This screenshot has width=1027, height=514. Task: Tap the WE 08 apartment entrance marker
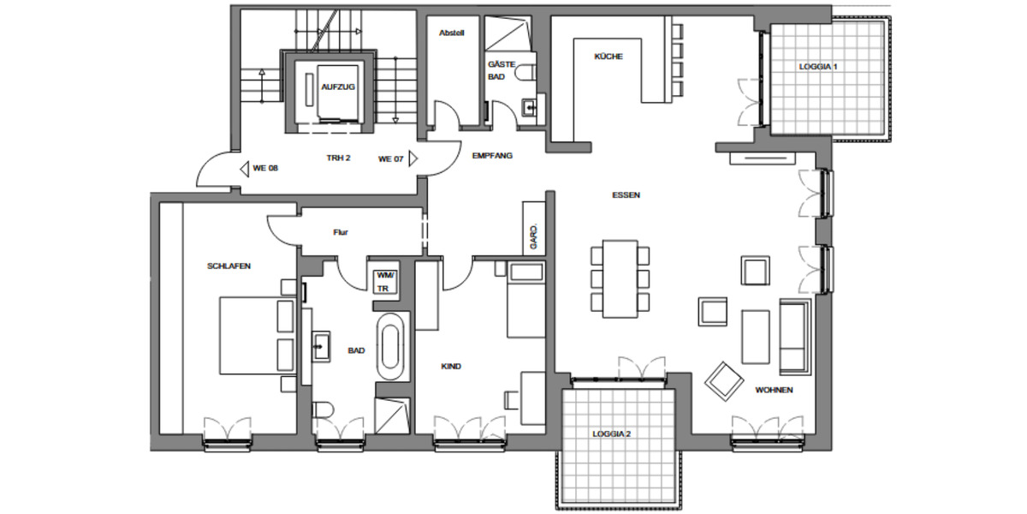coord(264,168)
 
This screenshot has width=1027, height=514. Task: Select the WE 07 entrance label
coord(391,158)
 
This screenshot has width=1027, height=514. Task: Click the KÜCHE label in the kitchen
coord(608,57)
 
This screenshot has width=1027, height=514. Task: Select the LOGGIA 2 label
coord(611,433)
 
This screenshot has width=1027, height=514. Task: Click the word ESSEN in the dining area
coord(626,195)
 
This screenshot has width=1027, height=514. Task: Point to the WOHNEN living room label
coord(774,391)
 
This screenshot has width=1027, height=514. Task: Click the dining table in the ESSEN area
coord(620,278)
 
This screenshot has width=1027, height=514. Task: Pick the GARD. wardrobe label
coord(533,235)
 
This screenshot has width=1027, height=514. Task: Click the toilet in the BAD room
coord(324,413)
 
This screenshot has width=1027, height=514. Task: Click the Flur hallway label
coord(341,231)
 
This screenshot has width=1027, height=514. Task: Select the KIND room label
coord(451,367)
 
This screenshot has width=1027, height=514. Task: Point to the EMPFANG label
coord(492,156)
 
